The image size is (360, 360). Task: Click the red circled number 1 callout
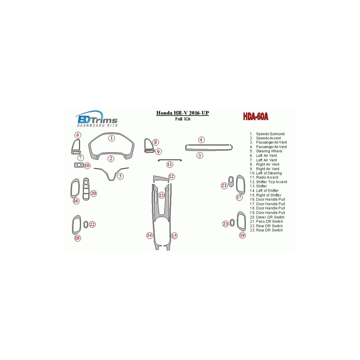[x=111, y=138]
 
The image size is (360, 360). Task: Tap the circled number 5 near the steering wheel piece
[x=120, y=176]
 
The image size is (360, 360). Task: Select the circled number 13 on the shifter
[x=161, y=195]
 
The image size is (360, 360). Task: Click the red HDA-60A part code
[x=255, y=116]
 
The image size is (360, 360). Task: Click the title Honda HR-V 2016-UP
[x=182, y=113]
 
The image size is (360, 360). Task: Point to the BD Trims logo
[x=97, y=119]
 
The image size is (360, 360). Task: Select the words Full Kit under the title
[x=183, y=119]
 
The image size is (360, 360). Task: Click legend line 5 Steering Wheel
[x=266, y=151]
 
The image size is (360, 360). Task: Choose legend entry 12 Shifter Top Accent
[x=268, y=182]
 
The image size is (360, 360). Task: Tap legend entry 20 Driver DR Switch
[x=267, y=217]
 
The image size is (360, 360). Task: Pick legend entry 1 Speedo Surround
[x=267, y=134]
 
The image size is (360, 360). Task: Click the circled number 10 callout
[x=87, y=166]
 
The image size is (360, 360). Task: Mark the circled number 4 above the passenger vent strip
[x=201, y=140]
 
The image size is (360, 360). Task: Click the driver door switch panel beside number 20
[x=86, y=189]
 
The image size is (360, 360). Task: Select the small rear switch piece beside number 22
[x=86, y=225]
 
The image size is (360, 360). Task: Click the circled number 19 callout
[x=242, y=235]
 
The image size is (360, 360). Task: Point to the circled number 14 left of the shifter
[x=149, y=235]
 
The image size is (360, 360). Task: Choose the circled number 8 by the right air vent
[x=156, y=142]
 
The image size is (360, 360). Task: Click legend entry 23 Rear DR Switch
[x=266, y=230]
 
